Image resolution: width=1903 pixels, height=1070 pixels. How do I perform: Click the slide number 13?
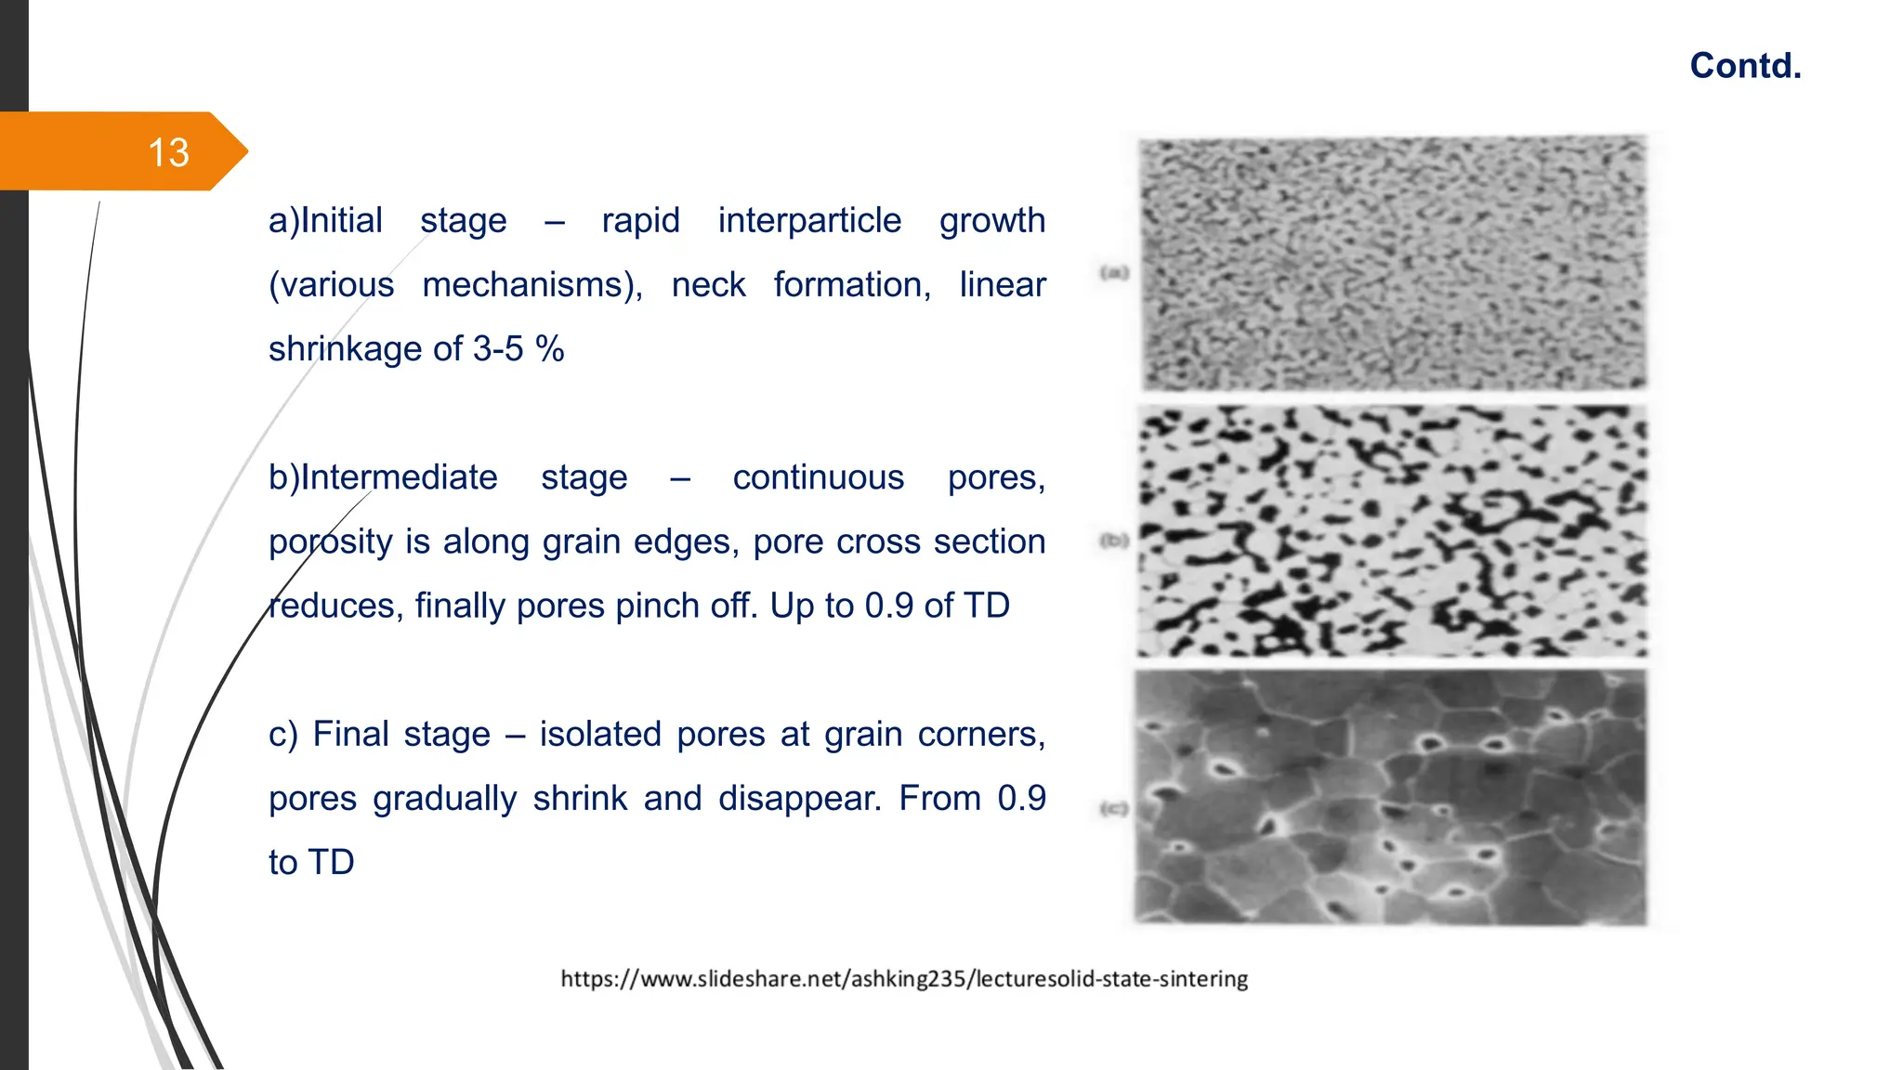168,152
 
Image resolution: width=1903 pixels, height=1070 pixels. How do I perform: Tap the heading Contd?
1745,66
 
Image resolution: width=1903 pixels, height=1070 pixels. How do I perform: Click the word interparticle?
809,221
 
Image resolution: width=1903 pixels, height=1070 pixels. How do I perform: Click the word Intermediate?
399,477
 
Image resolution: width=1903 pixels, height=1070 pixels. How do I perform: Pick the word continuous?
818,477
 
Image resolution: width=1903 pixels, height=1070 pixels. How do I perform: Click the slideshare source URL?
904,979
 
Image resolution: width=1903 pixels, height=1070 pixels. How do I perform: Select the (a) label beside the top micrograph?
1114,272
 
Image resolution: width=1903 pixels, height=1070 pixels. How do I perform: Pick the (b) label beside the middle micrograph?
1114,540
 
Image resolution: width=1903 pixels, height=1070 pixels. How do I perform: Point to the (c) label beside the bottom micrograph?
1114,809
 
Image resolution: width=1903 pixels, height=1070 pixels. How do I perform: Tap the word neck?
708,285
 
